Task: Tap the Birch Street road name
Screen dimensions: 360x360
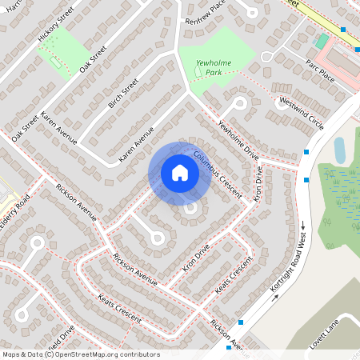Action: click(x=124, y=92)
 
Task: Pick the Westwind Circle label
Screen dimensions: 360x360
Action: click(x=302, y=114)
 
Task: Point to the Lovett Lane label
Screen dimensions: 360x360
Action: click(x=326, y=332)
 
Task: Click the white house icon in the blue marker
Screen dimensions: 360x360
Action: click(x=180, y=173)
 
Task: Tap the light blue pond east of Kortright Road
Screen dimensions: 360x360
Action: click(x=339, y=149)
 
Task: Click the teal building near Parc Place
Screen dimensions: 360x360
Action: click(x=322, y=41)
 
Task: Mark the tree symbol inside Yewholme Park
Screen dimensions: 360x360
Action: click(x=198, y=74)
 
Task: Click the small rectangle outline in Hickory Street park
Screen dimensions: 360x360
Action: click(x=55, y=61)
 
